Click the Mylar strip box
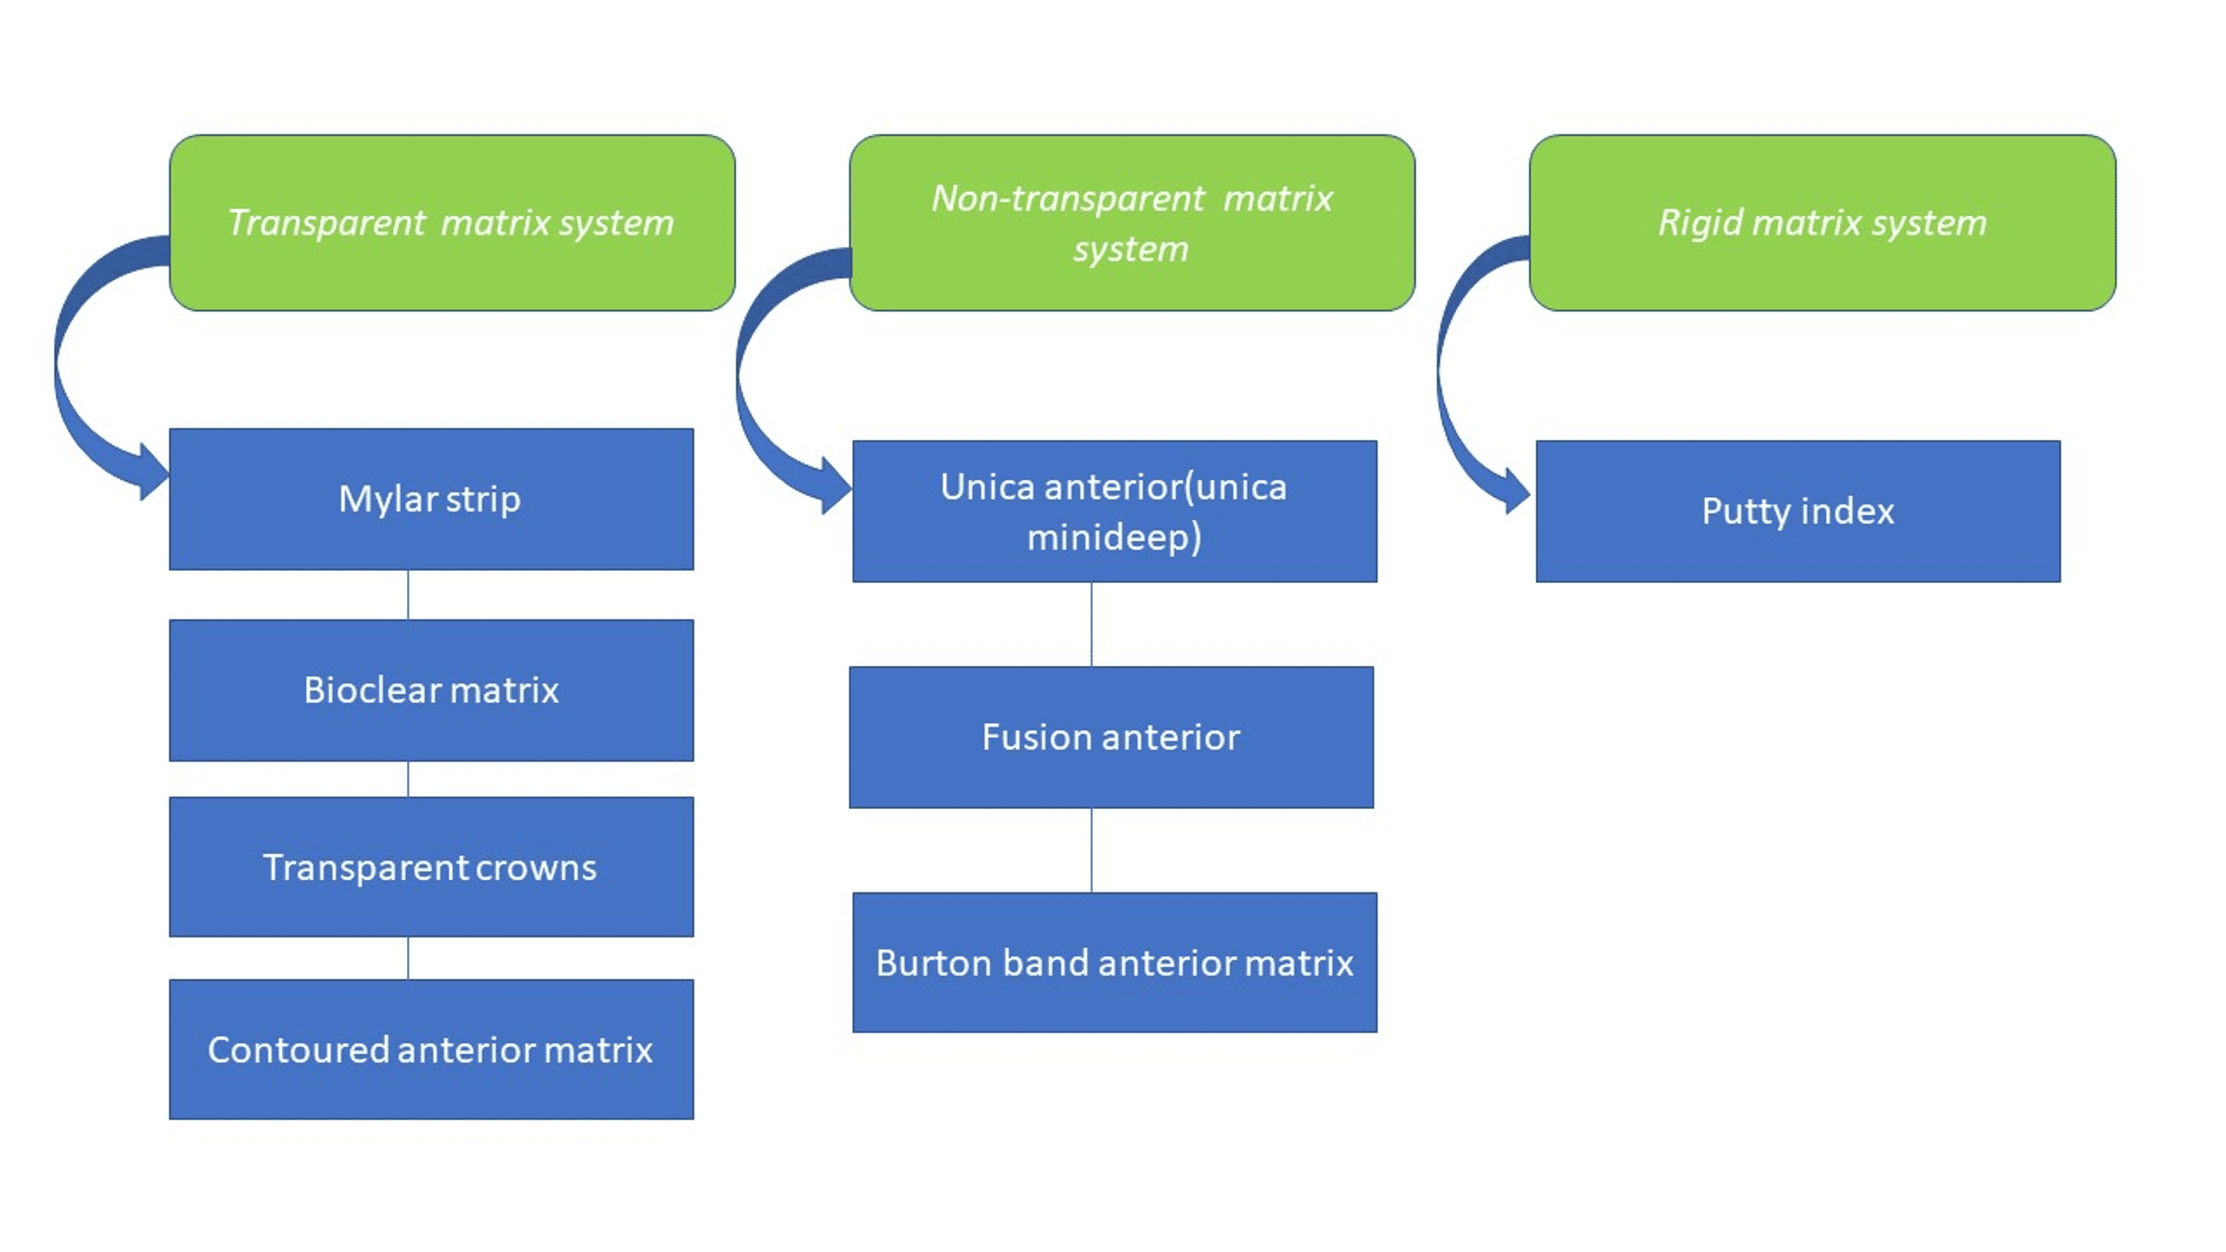pos(431,499)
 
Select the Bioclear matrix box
pos(431,691)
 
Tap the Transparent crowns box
pos(431,866)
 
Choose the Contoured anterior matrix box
pos(431,1049)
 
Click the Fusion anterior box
pos(1112,737)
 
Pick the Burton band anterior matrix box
pos(1114,963)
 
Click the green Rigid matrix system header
pos(1822,223)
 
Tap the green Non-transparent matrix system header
pos(1131,223)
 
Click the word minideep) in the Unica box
pos(1114,538)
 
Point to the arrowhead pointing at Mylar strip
pos(152,472)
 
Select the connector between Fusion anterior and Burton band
pos(1091,850)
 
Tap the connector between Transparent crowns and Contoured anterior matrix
pos(408,958)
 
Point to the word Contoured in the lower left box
pos(298,1050)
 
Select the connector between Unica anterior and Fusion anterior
pos(1091,624)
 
